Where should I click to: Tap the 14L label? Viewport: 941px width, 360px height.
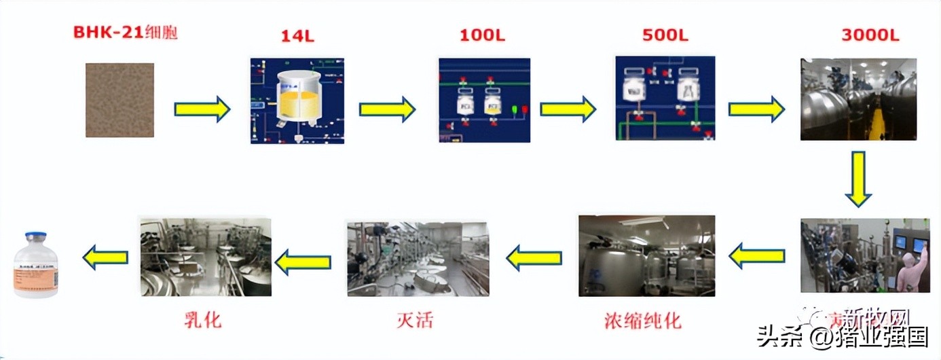pyautogui.click(x=297, y=36)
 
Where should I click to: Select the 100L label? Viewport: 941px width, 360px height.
pyautogui.click(x=483, y=36)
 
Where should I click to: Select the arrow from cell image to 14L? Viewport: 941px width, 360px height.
pyautogui.click(x=202, y=109)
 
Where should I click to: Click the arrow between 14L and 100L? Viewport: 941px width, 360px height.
pyautogui.click(x=387, y=109)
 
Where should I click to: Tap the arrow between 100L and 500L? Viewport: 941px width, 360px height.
pyautogui.click(x=568, y=109)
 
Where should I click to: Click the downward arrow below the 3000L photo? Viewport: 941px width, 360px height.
pyautogui.click(x=858, y=179)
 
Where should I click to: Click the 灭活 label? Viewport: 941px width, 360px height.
pyautogui.click(x=415, y=319)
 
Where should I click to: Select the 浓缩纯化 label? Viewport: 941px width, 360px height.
pyautogui.click(x=642, y=319)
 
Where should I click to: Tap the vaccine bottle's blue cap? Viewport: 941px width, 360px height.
pyautogui.click(x=36, y=237)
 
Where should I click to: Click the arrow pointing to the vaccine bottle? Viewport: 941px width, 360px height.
pyautogui.click(x=105, y=257)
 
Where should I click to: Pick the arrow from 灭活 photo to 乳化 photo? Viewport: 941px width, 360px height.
pyautogui.click(x=303, y=262)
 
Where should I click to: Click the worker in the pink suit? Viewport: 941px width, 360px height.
pyautogui.click(x=910, y=272)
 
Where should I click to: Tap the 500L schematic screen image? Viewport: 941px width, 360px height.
pyautogui.click(x=665, y=98)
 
